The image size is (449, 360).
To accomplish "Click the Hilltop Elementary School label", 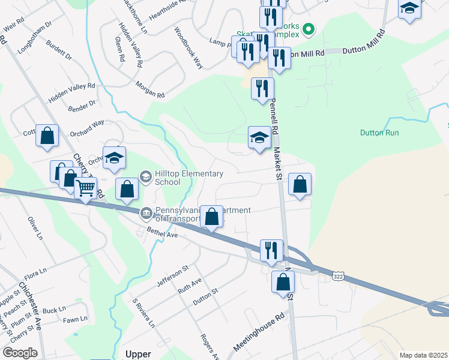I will (180, 178).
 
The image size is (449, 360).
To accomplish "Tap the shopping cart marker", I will (86, 189).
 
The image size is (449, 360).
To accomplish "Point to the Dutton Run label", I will (379, 133).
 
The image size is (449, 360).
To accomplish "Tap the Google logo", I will (20, 353).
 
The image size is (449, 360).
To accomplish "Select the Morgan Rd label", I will (149, 91).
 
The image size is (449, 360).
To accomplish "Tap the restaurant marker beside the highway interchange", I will (271, 251).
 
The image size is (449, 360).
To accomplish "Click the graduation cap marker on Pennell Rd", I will (259, 138).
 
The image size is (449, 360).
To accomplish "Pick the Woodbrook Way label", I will (188, 47).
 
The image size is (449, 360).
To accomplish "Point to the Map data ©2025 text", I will (423, 355).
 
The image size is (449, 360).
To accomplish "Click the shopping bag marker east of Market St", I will (300, 185).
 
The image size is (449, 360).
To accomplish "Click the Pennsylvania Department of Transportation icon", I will (146, 213).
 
